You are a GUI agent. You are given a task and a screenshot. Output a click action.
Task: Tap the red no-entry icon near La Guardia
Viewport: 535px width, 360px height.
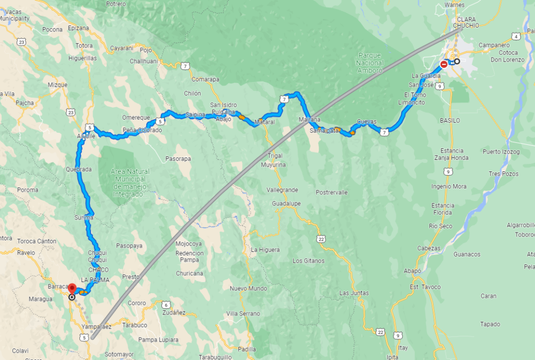(x=444, y=64)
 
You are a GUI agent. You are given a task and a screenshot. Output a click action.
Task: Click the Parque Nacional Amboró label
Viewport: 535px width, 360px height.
(x=370, y=63)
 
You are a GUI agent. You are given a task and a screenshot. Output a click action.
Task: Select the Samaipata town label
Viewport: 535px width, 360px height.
(x=325, y=130)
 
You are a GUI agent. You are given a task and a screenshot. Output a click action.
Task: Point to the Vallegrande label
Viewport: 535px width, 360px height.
(x=282, y=190)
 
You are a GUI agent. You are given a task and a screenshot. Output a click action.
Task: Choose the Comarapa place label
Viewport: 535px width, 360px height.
(x=205, y=79)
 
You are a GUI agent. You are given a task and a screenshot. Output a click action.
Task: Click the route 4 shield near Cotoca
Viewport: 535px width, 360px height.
(x=516, y=36)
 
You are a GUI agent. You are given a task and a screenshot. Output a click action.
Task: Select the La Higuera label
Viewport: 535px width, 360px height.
(x=265, y=250)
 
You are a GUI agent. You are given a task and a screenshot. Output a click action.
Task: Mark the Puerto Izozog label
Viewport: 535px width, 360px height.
(x=502, y=152)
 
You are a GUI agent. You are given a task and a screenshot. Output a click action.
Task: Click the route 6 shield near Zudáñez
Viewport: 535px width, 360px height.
(x=166, y=305)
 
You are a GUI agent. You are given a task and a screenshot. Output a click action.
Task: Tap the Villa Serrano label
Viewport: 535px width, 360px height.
(x=243, y=313)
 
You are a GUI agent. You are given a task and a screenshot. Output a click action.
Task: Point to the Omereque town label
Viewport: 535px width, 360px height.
(x=135, y=117)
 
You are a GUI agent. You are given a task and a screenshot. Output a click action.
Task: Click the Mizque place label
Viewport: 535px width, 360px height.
(x=57, y=84)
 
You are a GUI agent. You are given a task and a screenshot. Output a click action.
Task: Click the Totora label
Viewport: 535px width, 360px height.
(x=84, y=46)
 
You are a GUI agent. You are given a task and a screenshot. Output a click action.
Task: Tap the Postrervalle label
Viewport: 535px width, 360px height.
(x=332, y=192)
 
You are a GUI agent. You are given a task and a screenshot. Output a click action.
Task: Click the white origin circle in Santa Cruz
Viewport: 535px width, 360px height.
(x=457, y=62)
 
